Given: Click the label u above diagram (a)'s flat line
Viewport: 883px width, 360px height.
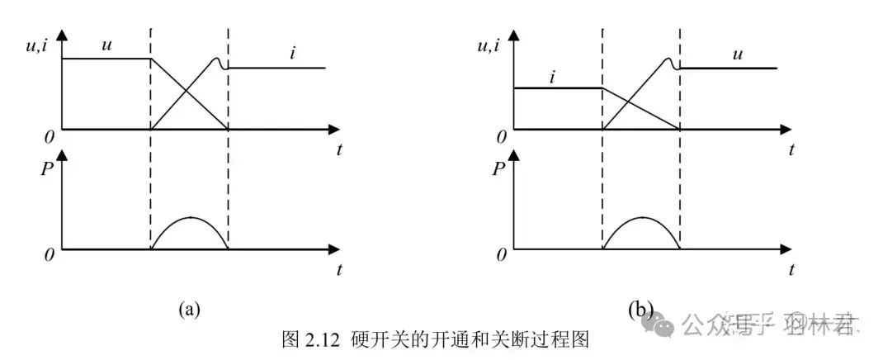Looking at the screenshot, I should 106,45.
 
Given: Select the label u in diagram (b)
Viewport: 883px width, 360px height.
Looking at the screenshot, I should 738,54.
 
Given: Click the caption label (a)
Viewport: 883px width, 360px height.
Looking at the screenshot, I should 189,310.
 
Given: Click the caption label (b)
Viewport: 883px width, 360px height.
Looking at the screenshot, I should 640,310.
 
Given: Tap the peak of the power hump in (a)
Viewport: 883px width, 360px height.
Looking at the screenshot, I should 190,217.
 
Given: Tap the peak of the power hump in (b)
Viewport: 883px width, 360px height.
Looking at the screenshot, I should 641,217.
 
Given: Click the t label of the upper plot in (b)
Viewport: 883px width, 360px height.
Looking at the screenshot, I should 791,150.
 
